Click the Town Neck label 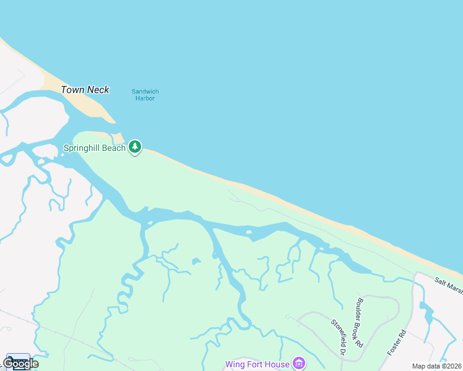[x=85, y=90]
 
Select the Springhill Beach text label [x=94, y=148]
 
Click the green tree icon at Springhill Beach [x=135, y=147]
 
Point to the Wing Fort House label [x=257, y=364]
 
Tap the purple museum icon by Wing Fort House [x=299, y=363]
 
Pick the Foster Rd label [x=396, y=342]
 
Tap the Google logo [x=20, y=363]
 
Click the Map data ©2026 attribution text [x=436, y=366]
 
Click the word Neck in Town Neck [x=98, y=90]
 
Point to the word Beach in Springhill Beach [x=113, y=148]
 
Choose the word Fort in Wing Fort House [x=257, y=364]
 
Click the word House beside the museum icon [x=278, y=364]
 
